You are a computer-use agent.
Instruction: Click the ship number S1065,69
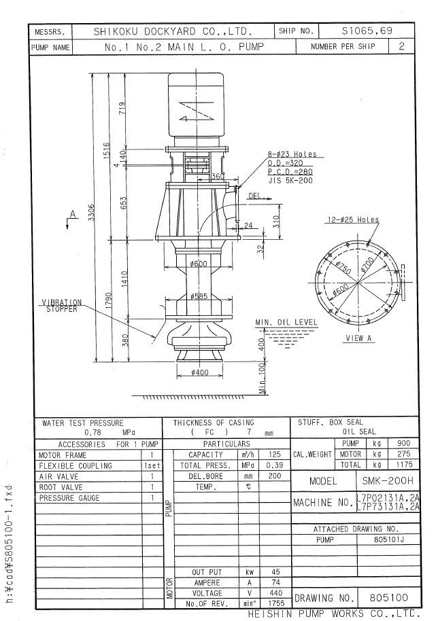(x=367, y=31)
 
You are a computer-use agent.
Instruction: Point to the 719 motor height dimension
(x=122, y=108)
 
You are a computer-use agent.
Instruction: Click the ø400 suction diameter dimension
(x=199, y=372)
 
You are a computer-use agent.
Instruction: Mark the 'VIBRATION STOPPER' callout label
(x=62, y=305)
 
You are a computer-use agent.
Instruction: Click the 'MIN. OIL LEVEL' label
(x=286, y=322)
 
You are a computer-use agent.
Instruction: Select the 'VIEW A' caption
(x=358, y=338)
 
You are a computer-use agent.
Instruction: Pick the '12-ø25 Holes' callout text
(x=353, y=219)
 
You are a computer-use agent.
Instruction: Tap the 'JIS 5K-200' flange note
(x=290, y=181)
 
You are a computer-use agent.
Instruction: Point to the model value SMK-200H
(x=388, y=481)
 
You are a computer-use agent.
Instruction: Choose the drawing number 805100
(x=388, y=597)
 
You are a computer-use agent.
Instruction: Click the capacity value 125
(x=274, y=455)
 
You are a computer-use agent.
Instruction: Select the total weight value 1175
(x=403, y=464)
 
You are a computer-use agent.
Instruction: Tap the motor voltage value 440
(x=275, y=593)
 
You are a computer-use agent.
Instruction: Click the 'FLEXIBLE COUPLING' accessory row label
(x=75, y=466)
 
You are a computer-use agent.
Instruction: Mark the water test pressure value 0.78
(x=92, y=433)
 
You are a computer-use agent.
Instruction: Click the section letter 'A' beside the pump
(x=73, y=214)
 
